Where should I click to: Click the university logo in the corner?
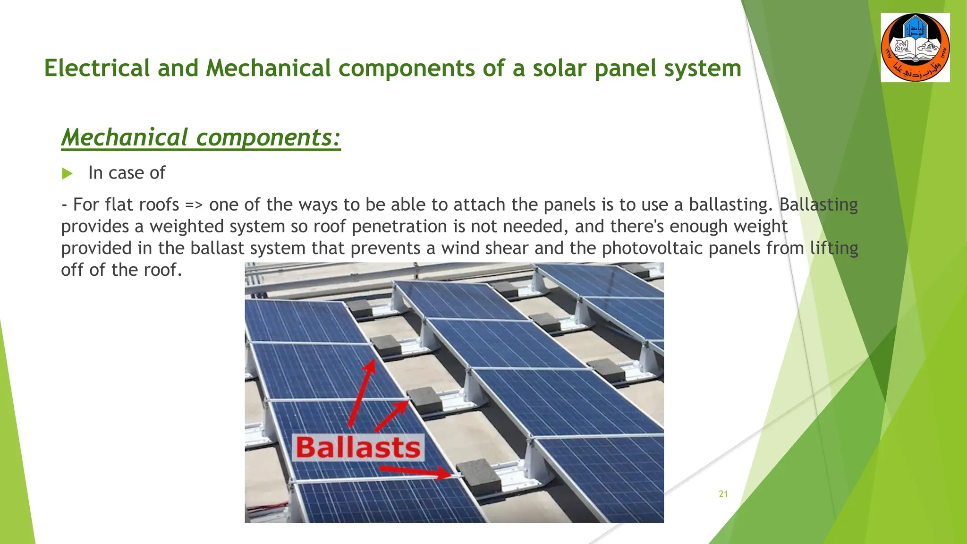click(915, 48)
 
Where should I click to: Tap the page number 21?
click(723, 494)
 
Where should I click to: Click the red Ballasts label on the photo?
click(358, 448)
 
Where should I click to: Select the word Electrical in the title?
click(97, 68)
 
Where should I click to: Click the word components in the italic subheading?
click(268, 138)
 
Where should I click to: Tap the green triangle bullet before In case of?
click(67, 174)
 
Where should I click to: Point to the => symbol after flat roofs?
click(194, 205)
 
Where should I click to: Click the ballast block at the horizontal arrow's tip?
click(478, 476)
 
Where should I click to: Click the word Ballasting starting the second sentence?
click(818, 205)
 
